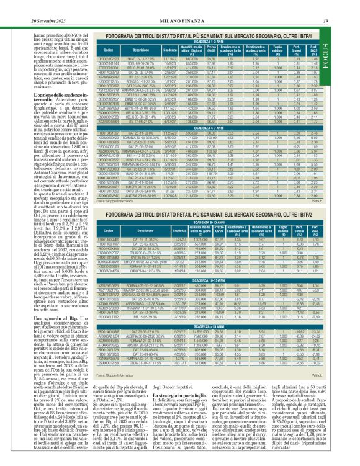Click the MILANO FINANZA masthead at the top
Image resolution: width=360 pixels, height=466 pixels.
180,6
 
